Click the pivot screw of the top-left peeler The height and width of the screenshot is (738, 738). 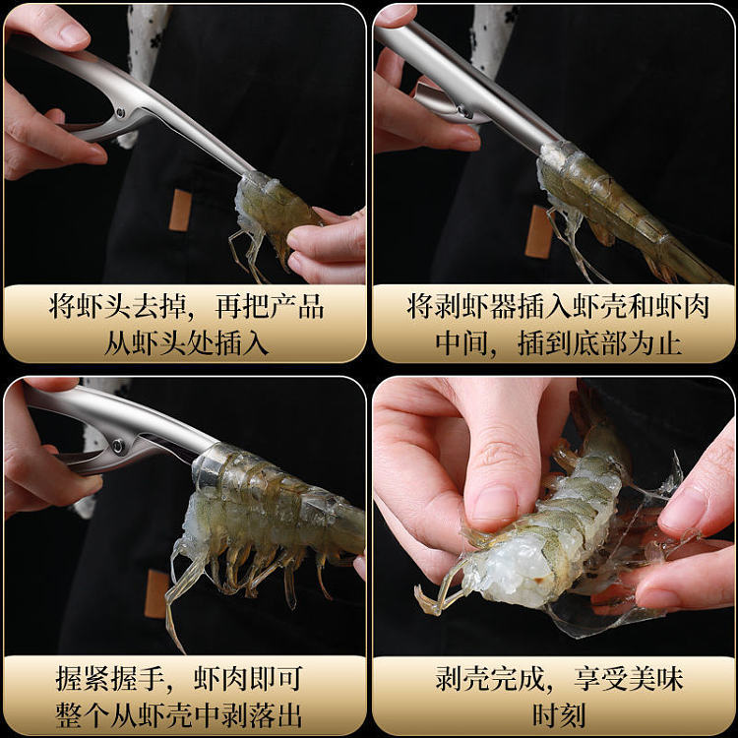click(120, 112)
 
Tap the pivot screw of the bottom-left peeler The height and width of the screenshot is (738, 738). click(116, 445)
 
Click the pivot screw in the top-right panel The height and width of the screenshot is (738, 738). click(466, 111)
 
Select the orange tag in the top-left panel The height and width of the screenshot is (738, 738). click(180, 210)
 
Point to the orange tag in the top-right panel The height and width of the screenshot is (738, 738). click(538, 231)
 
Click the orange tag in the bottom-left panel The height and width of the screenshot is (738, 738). click(156, 594)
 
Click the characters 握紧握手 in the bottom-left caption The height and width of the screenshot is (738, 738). click(110, 678)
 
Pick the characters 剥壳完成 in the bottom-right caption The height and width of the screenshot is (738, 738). click(489, 678)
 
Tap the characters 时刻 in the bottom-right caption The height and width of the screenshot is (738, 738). click(558, 715)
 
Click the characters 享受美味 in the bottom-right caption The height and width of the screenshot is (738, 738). click(629, 678)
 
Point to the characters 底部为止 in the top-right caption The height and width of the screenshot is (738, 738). click(627, 343)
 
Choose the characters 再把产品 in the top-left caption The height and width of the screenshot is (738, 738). click(270, 306)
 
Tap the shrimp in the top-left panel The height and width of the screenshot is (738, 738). click(269, 221)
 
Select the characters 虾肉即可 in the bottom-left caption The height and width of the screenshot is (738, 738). click(247, 678)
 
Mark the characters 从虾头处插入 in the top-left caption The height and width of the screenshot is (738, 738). click(186, 343)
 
